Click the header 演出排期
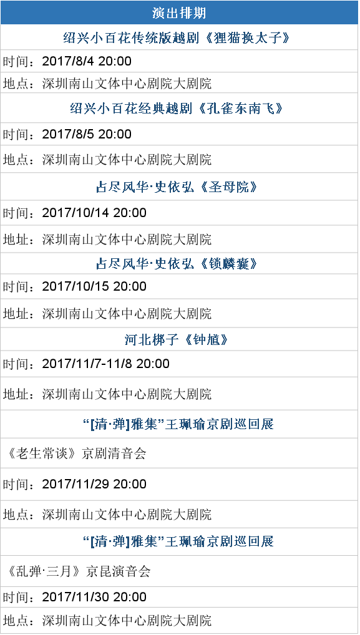coord(180,12)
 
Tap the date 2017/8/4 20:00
coord(87,61)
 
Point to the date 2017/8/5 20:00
coord(87,134)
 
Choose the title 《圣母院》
coord(229,187)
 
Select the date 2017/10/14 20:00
coord(94,213)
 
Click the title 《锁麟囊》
coord(229,264)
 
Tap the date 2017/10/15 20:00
coord(94,286)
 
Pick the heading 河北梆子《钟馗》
coord(177,339)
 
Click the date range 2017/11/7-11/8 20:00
coord(105,363)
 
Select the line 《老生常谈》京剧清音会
coord(76,453)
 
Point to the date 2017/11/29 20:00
coord(94,484)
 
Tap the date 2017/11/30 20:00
coord(94,597)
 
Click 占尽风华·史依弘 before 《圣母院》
coord(148,187)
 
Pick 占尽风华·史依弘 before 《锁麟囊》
coord(148,264)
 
